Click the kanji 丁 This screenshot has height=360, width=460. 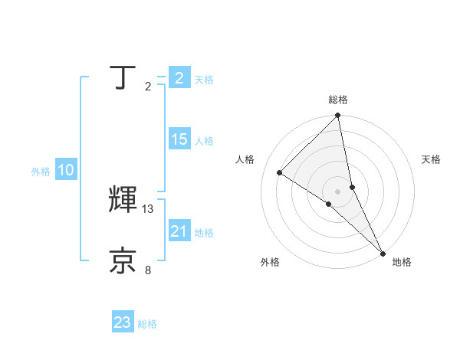point(124,77)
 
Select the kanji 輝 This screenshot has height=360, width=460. point(124,200)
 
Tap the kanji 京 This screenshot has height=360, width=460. point(124,260)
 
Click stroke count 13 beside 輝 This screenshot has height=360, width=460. point(148,208)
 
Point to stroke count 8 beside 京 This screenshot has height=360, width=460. point(148,270)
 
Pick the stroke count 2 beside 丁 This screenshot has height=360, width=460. point(148,87)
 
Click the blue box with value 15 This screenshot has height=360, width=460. point(179,139)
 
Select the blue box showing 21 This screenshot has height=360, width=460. point(179,231)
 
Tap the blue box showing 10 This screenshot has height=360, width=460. point(66,171)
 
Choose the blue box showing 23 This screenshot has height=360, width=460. point(123,322)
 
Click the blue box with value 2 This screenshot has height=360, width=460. point(179,78)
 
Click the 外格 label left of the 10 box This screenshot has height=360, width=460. point(41,172)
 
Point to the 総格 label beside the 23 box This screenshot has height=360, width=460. point(148,324)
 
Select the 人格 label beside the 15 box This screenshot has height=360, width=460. point(204,141)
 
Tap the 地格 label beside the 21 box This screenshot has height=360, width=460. point(204,233)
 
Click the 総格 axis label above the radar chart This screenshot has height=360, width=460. point(338,100)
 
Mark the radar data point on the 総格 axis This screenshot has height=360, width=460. point(338,116)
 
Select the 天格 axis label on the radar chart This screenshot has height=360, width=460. point(431,159)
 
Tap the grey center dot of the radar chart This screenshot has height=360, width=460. point(337,191)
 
